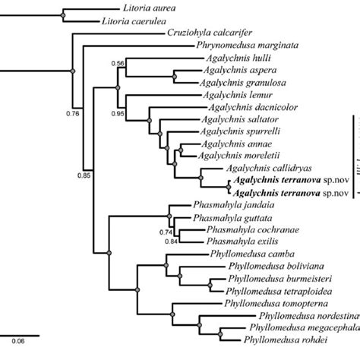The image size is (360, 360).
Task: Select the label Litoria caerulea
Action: point(133,21)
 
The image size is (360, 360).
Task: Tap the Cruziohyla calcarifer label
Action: point(207,34)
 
